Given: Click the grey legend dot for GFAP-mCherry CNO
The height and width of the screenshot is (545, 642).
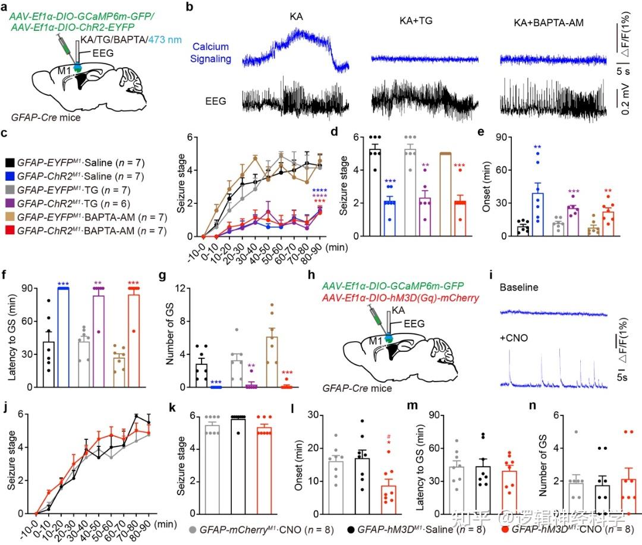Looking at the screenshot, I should tap(192, 529).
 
